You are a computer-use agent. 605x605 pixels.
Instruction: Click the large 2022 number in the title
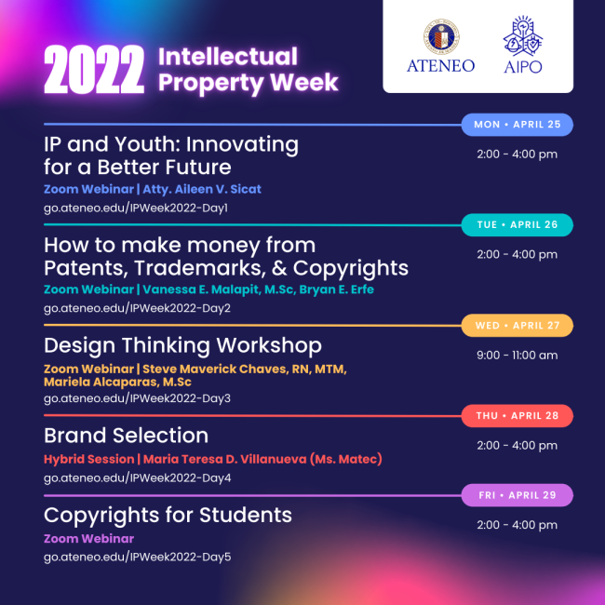click(94, 70)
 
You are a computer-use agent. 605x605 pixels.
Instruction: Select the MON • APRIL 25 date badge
click(517, 125)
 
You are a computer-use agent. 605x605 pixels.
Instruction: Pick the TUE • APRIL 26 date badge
click(517, 224)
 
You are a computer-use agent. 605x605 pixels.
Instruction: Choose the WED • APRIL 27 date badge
click(517, 325)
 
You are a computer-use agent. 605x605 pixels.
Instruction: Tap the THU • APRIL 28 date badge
click(517, 416)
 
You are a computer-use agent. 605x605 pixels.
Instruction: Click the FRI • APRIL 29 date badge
click(517, 495)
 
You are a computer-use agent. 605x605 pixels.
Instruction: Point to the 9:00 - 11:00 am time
click(517, 355)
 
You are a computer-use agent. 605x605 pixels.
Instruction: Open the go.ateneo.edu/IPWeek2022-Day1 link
click(136, 208)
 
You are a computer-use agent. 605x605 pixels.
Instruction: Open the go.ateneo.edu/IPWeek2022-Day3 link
click(137, 398)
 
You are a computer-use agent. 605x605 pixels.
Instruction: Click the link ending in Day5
click(137, 557)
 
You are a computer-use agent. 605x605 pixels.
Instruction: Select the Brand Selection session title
click(126, 436)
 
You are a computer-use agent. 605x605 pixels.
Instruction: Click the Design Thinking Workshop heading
click(182, 345)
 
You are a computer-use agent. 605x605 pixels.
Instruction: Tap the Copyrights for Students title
click(168, 515)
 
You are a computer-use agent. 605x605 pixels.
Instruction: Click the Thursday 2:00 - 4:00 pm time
click(517, 446)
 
